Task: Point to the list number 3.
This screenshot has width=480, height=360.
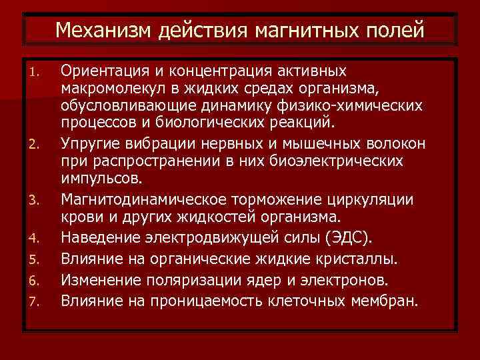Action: (37, 198)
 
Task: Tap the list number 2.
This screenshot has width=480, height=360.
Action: (37, 143)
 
